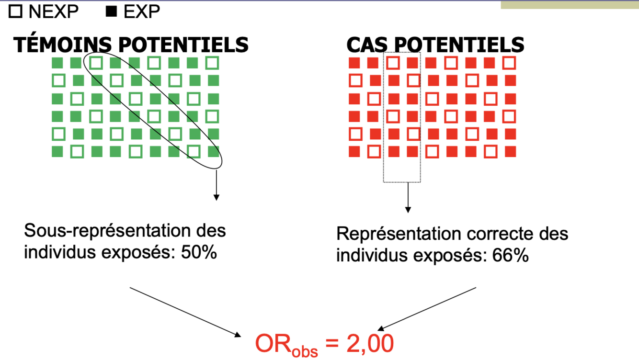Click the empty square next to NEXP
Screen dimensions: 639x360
pyautogui.click(x=16, y=11)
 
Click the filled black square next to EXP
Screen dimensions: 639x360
pyautogui.click(x=111, y=11)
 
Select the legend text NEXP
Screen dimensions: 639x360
pyautogui.click(x=53, y=11)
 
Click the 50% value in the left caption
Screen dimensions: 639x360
pyautogui.click(x=199, y=252)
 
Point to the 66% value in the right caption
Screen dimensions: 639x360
pyautogui.click(x=511, y=255)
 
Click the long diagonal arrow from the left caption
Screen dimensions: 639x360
pyautogui.click(x=185, y=311)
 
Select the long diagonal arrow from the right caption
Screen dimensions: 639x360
pyautogui.click(x=427, y=309)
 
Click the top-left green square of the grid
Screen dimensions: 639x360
pyautogui.click(x=57, y=63)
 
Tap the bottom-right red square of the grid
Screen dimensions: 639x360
pyautogui.click(x=511, y=152)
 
